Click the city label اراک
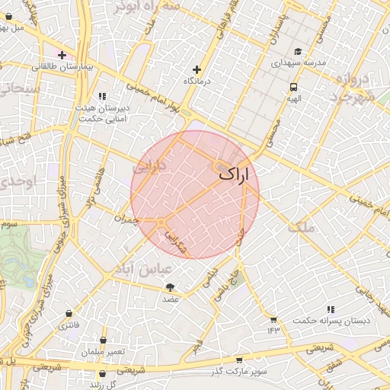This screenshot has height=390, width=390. pyautogui.click(x=234, y=174)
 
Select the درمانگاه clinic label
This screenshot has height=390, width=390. pyautogui.click(x=197, y=80)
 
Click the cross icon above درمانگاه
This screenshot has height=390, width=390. pyautogui.click(x=197, y=69)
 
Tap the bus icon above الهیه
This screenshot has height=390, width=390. pyautogui.click(x=294, y=87)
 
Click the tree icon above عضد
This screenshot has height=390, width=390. pyautogui.click(x=169, y=287)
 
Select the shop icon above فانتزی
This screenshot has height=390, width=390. pyautogui.click(x=69, y=313)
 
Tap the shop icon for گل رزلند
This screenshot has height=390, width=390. pyautogui.click(x=102, y=374)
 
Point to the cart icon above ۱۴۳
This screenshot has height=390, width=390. pyautogui.click(x=273, y=318)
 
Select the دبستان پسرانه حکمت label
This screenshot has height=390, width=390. pyautogui.click(x=334, y=321)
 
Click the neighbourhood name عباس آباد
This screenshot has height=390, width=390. pyautogui.click(x=137, y=269)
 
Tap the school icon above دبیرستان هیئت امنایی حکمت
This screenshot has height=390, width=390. pyautogui.click(x=102, y=96)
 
